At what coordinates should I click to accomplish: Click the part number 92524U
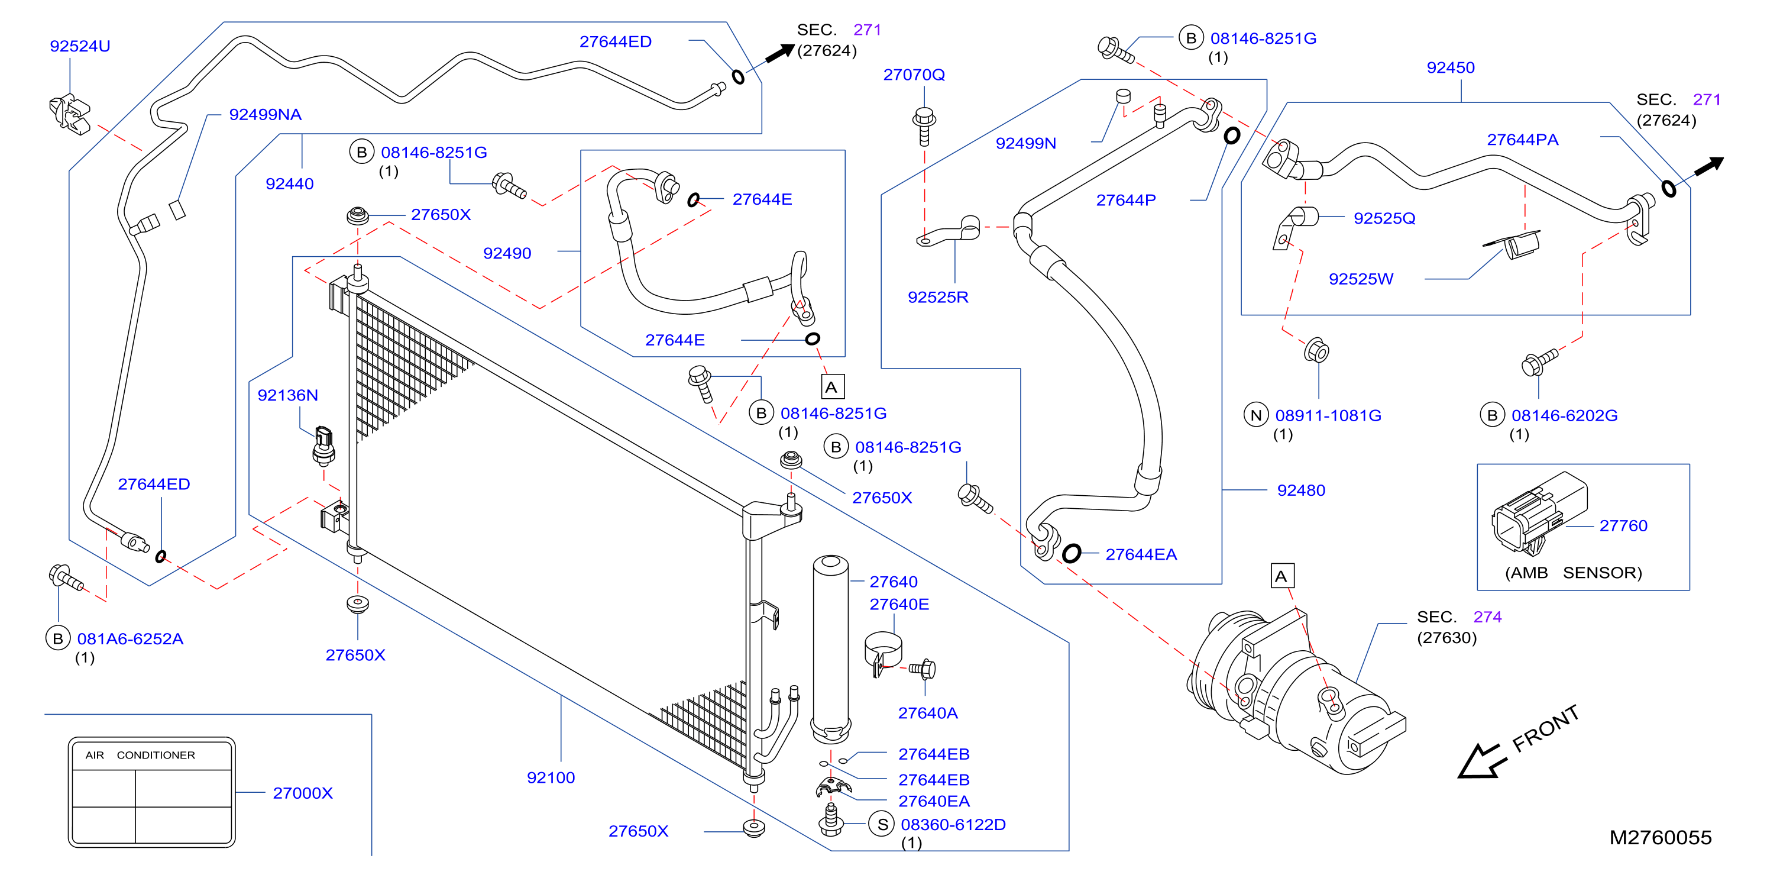pyautogui.click(x=80, y=46)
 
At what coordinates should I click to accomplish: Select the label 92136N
pyautogui.click(x=287, y=395)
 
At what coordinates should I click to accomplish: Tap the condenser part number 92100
pyautogui.click(x=551, y=778)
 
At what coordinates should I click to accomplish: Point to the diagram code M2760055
pyautogui.click(x=1661, y=838)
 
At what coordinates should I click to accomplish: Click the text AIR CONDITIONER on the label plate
pyautogui.click(x=140, y=756)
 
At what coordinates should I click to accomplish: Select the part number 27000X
pyautogui.click(x=303, y=793)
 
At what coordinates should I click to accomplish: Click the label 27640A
pyautogui.click(x=927, y=714)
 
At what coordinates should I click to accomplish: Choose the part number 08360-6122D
pyautogui.click(x=953, y=825)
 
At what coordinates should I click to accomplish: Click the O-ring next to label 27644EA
pyautogui.click(x=1071, y=553)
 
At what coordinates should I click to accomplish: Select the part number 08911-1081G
pyautogui.click(x=1328, y=416)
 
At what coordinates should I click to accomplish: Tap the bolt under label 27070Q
pyautogui.click(x=924, y=126)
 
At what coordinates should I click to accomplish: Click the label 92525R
pyautogui.click(x=938, y=297)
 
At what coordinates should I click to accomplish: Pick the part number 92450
pyautogui.click(x=1451, y=68)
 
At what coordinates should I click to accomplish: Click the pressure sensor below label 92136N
pyautogui.click(x=323, y=446)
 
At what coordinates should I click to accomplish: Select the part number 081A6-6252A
pyautogui.click(x=130, y=639)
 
